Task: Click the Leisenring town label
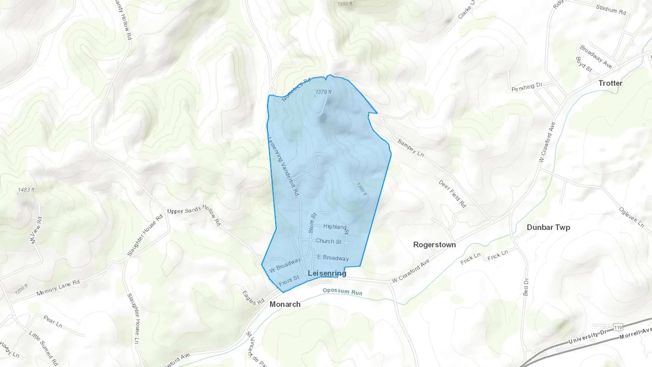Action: [327, 273]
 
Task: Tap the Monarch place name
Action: [285, 304]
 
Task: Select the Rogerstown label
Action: [434, 245]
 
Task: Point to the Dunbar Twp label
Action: [548, 227]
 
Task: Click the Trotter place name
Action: [610, 83]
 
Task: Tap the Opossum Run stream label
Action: [342, 291]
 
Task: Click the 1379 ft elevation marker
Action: [323, 92]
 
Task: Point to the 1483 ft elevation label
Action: [26, 189]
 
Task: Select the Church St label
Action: [328, 241]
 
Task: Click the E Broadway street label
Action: [333, 258]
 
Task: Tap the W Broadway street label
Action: [285, 265]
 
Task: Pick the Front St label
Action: [289, 280]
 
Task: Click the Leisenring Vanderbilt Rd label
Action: [283, 166]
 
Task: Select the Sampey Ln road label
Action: [410, 148]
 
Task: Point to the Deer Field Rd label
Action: [452, 194]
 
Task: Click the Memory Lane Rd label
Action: [58, 288]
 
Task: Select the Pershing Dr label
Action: [527, 87]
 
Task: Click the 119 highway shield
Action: [618, 328]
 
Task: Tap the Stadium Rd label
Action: [611, 9]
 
